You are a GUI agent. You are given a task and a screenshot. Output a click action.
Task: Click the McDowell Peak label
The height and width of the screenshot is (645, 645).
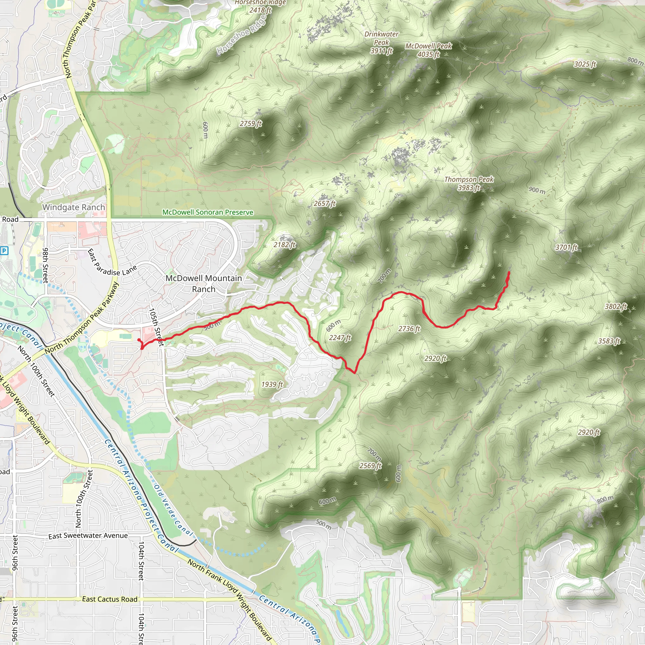coord(428,50)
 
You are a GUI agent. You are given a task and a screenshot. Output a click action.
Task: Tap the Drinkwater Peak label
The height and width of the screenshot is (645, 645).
coord(381,43)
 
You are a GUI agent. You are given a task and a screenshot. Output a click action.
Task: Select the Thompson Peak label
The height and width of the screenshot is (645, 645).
coord(469,183)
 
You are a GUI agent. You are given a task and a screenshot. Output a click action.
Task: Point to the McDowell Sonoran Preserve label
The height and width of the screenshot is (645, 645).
coord(208,212)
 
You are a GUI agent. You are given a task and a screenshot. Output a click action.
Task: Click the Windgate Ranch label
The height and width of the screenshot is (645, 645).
coord(73,207)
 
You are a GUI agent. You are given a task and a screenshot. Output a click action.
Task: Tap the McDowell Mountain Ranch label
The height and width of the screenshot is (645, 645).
coord(204,283)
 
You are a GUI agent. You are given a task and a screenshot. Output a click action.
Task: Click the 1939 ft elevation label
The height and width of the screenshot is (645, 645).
coord(272,384)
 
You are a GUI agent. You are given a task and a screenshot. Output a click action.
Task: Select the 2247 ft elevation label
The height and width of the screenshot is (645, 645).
coord(340,338)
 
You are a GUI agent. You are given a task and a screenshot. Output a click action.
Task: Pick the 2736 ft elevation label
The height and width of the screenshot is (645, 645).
coord(409,329)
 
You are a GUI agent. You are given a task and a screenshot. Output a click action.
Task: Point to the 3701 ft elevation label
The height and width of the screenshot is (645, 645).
coord(566,247)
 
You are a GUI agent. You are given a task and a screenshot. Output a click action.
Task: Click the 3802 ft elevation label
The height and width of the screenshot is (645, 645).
coord(616,306)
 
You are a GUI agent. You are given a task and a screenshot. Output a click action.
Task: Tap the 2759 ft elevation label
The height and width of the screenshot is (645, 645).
coord(251,124)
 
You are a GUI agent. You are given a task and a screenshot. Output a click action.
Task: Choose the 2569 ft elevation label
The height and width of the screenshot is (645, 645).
coord(370,466)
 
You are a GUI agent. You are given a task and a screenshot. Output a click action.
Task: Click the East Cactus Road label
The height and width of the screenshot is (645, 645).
coord(110,599)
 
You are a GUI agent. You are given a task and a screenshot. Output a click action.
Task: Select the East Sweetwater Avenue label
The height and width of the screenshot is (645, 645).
coord(88,536)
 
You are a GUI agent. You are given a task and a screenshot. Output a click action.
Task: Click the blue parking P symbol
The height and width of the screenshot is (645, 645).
coord(4,250)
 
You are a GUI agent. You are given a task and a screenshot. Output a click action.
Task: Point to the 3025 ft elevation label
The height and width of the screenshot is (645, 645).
coord(585,64)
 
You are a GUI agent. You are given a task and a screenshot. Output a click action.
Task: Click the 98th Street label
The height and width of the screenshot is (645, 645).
coord(45,265)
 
